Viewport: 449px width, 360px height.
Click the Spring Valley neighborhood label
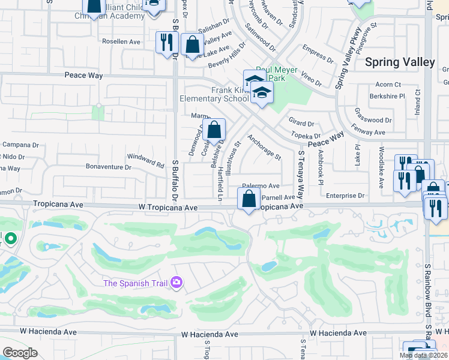tap(400, 62)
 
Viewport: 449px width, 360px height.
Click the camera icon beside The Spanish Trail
tap(176, 282)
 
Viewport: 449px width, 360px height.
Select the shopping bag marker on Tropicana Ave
tap(249, 199)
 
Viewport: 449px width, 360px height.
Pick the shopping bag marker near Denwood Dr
tap(214, 130)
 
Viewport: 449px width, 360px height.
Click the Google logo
tap(20, 352)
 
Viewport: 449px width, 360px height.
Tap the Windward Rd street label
tap(145, 160)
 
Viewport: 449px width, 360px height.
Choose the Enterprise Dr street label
tap(345, 196)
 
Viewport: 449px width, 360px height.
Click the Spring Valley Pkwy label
tap(346, 64)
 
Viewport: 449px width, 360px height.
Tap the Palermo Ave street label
tap(261, 186)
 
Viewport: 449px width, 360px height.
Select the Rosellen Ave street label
tap(121, 42)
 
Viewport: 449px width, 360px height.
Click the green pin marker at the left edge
tap(10, 239)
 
